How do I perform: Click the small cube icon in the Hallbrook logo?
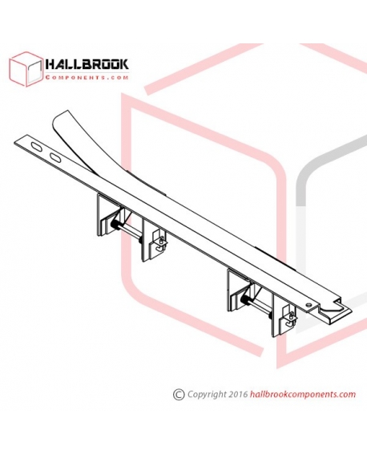pos(26,69)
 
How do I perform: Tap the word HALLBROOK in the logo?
pos(87,64)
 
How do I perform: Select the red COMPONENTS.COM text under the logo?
pos(87,78)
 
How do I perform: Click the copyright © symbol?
pos(179,394)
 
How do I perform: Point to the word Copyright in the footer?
pos(207,394)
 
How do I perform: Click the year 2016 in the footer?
pos(238,394)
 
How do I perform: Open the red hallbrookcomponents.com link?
pos(302,394)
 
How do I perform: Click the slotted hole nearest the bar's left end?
pos(38,147)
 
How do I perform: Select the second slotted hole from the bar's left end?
pos(54,157)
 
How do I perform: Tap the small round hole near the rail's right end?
pos(309,304)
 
